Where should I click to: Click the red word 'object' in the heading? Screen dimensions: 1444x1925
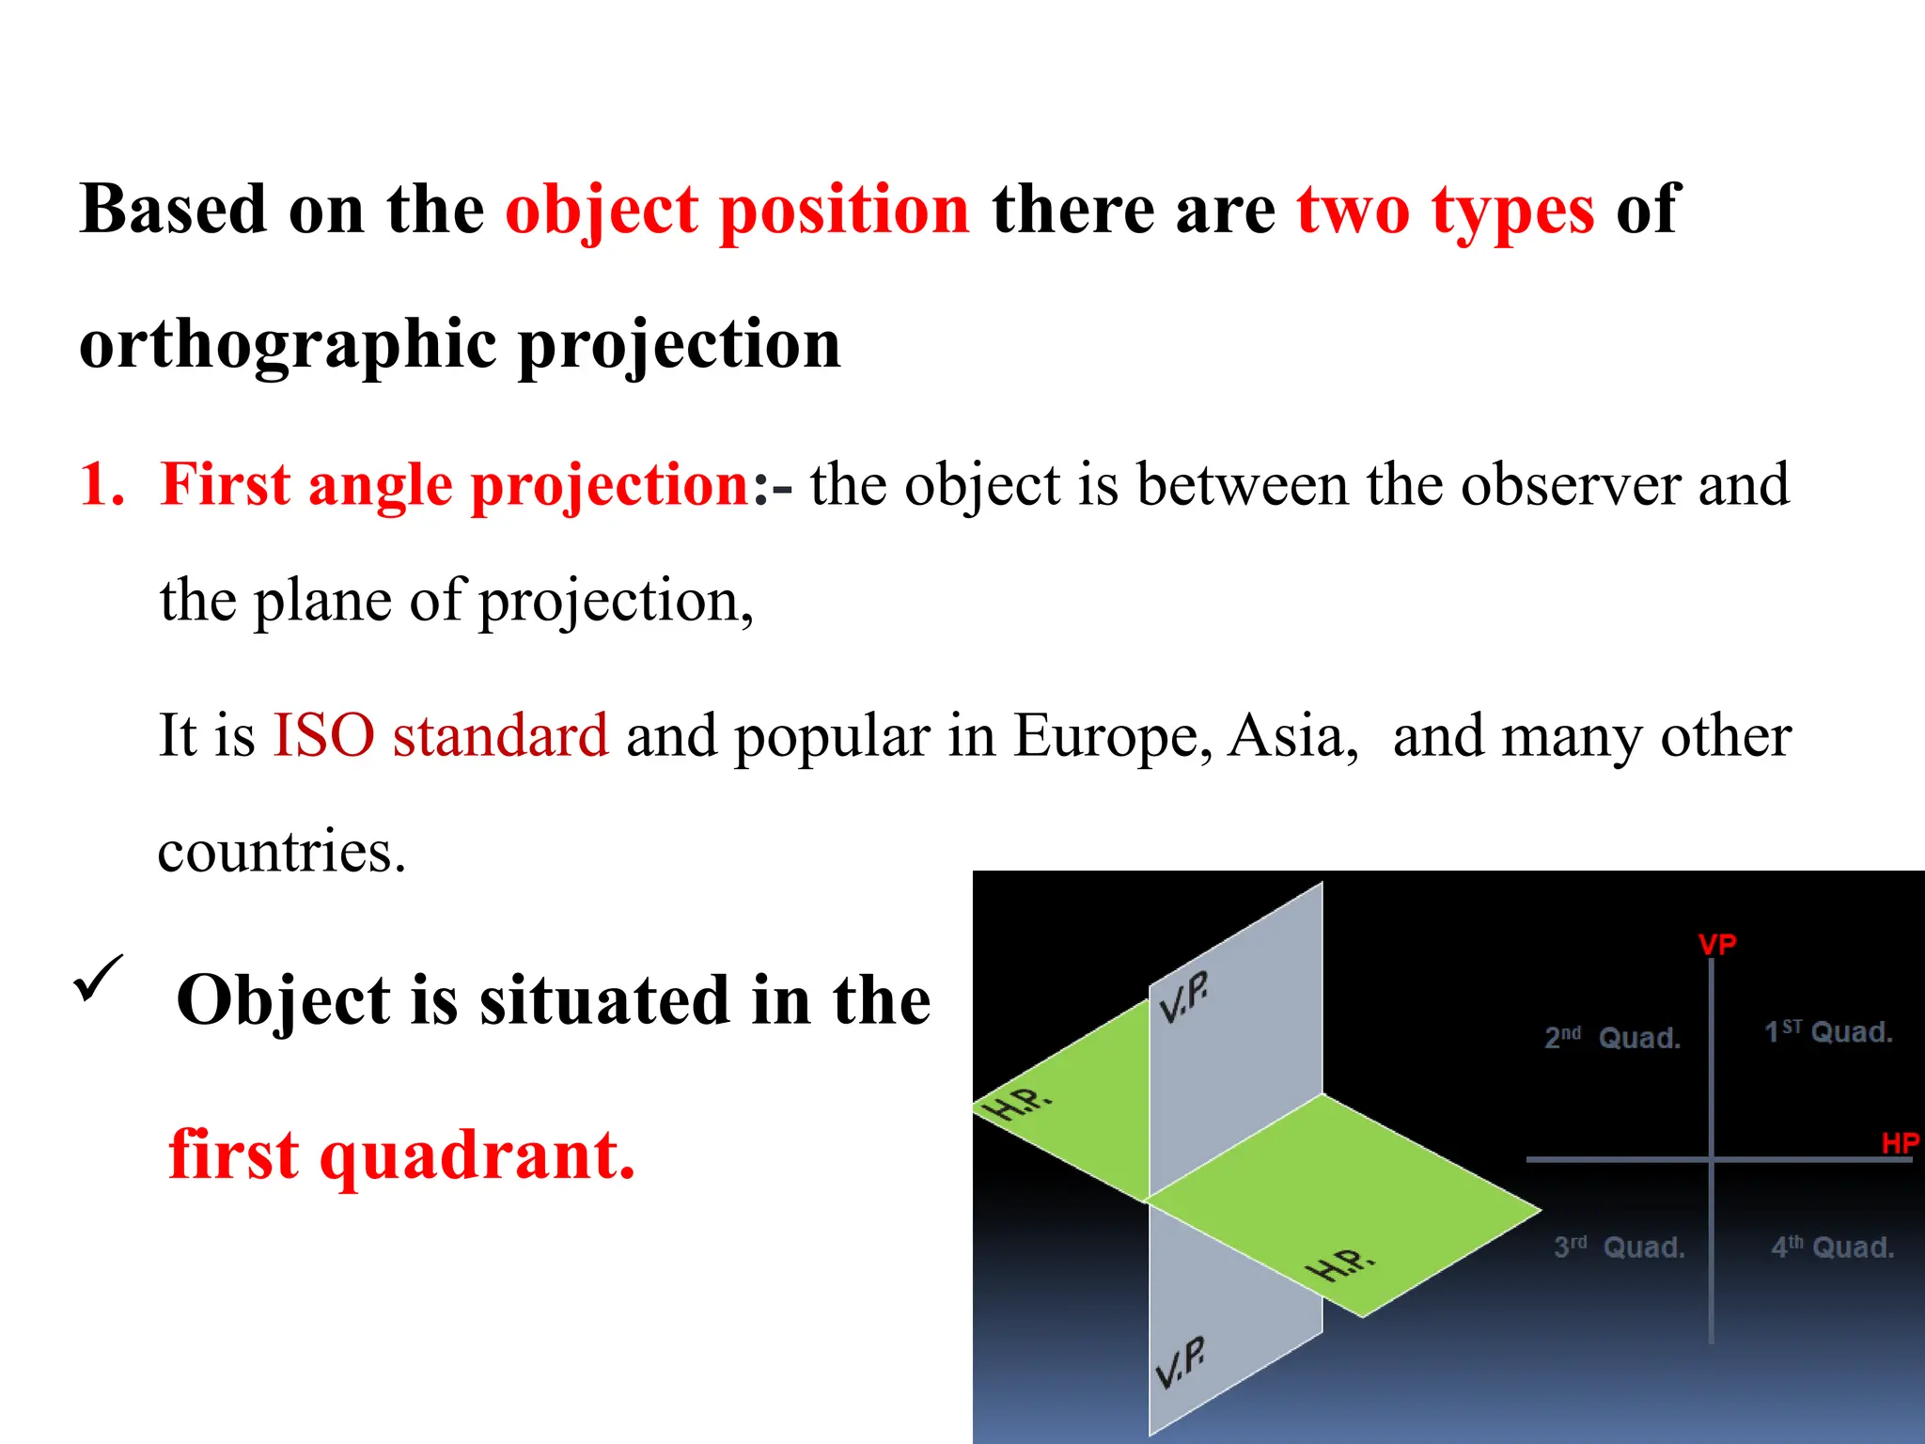pos(602,210)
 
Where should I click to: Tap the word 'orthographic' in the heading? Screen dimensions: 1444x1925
pos(287,345)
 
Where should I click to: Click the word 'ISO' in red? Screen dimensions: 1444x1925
pos(323,735)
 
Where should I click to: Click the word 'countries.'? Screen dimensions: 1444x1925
pos(281,852)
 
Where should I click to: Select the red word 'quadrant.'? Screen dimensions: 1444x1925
pos(477,1154)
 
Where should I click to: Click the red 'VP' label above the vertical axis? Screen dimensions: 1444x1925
pos(1717,944)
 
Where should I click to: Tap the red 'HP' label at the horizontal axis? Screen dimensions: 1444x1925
pos(1900,1143)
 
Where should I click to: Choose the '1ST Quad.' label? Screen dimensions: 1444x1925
pos(1828,1032)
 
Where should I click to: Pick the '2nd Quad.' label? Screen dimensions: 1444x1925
pos(1612,1038)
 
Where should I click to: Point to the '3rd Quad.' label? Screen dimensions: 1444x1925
pos(1619,1248)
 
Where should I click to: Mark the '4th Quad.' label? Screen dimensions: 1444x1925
pos(1832,1248)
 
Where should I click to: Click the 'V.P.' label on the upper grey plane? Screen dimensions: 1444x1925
pos(1183,997)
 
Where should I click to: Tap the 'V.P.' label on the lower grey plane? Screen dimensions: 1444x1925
pos(1180,1361)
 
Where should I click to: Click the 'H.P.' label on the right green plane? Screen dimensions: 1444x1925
pos(1340,1264)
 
